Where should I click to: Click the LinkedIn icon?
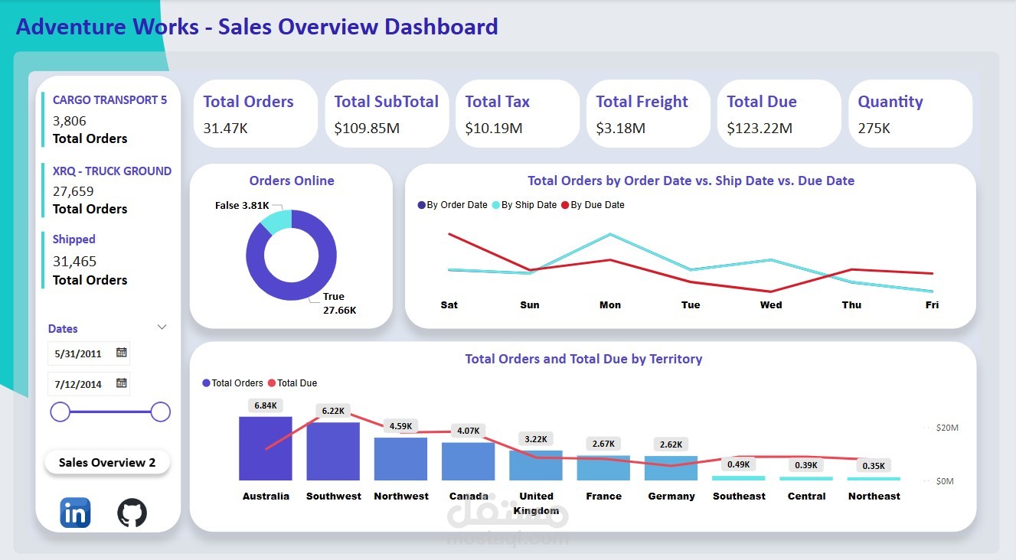click(75, 513)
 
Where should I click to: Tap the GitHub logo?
click(132, 513)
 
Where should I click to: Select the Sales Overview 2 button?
click(107, 463)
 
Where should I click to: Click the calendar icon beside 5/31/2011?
click(121, 353)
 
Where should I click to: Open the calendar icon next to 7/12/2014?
click(121, 383)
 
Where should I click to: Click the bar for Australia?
click(266, 448)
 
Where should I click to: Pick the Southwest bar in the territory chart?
click(333, 451)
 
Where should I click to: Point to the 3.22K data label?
click(535, 439)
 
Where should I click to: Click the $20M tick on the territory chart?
click(947, 428)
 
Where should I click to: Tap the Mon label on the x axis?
click(610, 305)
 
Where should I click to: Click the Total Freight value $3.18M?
click(620, 128)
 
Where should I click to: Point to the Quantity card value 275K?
click(874, 128)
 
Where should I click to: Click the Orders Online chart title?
click(292, 181)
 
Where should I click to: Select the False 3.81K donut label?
click(242, 206)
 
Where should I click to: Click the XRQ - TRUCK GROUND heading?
click(112, 171)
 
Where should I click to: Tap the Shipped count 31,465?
click(74, 261)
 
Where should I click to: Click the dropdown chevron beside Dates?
click(162, 327)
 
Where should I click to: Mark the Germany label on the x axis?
click(671, 497)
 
